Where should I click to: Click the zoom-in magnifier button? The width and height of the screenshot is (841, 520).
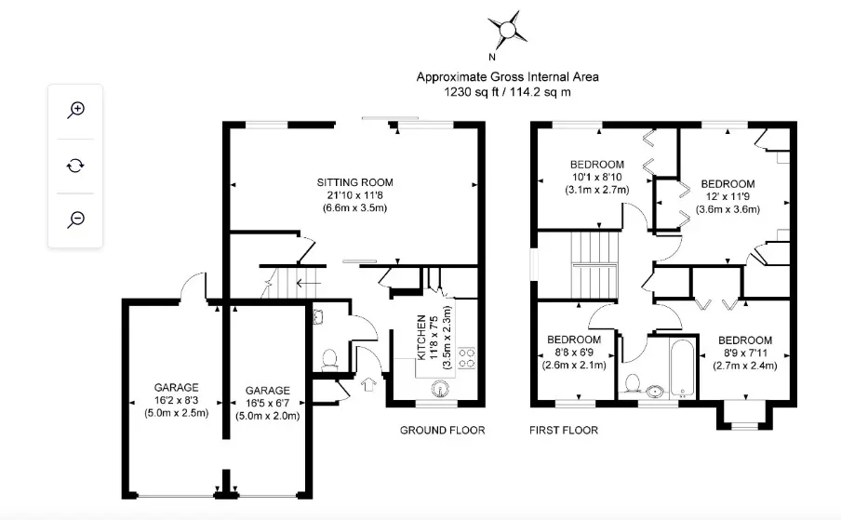pyautogui.click(x=75, y=111)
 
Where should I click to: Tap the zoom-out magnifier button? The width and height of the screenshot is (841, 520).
pyautogui.click(x=75, y=220)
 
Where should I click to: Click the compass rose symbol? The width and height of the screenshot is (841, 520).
pyautogui.click(x=507, y=29)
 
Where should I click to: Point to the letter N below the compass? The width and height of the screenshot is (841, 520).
pyautogui.click(x=492, y=58)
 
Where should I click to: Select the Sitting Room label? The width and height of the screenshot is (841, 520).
pyautogui.click(x=354, y=182)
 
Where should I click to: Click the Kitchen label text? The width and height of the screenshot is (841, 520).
pyautogui.click(x=421, y=337)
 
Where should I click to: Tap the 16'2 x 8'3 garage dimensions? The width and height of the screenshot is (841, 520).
pyautogui.click(x=177, y=400)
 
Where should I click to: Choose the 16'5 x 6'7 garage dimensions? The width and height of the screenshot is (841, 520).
pyautogui.click(x=268, y=403)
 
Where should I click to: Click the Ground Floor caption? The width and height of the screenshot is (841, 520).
pyautogui.click(x=443, y=430)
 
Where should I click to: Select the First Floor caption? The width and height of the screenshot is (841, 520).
pyautogui.click(x=564, y=430)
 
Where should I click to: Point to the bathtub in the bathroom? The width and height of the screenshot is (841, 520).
pyautogui.click(x=682, y=367)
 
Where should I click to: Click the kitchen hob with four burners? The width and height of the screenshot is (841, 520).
pyautogui.click(x=467, y=358)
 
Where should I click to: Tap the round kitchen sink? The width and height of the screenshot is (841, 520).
pyautogui.click(x=440, y=388)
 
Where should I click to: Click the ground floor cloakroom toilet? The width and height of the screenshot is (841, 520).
pyautogui.click(x=329, y=359)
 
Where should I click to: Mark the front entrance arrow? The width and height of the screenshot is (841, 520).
pyautogui.click(x=368, y=384)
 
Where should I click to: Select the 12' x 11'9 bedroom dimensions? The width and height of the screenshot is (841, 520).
pyautogui.click(x=728, y=196)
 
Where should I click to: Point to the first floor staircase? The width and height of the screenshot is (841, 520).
pyautogui.click(x=594, y=264)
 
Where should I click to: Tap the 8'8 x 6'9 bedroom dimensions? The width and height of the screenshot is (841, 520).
pyautogui.click(x=574, y=353)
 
